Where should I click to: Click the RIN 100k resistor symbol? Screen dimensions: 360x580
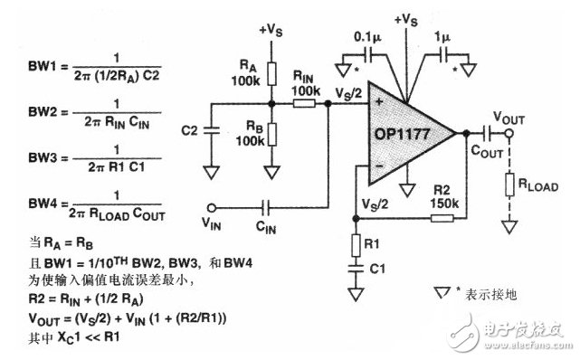305,103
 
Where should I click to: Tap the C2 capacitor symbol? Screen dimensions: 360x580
210,131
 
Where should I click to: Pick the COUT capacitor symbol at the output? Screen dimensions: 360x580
486,132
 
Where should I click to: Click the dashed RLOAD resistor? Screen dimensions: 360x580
511,186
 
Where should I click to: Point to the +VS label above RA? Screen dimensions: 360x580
271,30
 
